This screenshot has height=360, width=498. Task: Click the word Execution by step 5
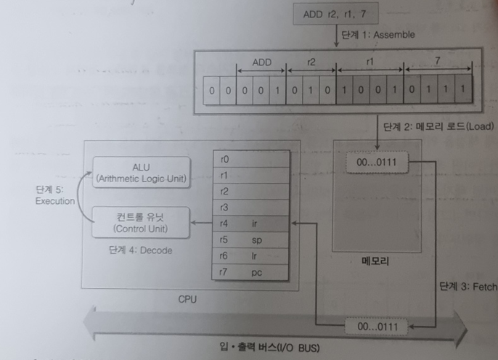(x=55, y=200)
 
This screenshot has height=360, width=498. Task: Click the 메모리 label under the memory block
(x=375, y=262)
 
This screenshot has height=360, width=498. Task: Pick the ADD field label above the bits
(x=261, y=62)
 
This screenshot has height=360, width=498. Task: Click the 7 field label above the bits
(x=438, y=62)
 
